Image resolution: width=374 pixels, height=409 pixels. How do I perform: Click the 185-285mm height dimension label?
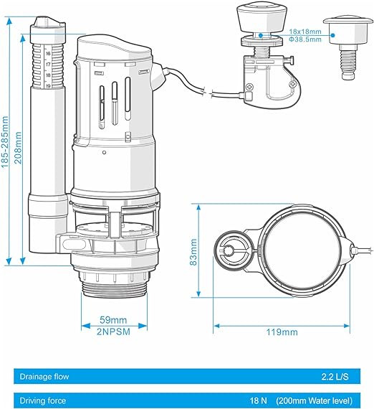point(5,142)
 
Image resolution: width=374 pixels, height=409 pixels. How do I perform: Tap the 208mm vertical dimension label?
point(18,147)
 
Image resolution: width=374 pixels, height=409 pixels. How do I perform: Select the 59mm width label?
point(113,320)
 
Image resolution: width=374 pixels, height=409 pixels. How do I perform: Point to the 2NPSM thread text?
point(113,332)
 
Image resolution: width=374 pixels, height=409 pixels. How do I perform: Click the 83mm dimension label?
point(193,252)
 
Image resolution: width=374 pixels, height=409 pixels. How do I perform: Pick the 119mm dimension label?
point(282,332)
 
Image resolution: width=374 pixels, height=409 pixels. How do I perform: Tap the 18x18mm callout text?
point(305,32)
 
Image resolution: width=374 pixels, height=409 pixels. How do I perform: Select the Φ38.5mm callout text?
point(305,39)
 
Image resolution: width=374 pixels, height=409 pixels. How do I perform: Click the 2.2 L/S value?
point(335,377)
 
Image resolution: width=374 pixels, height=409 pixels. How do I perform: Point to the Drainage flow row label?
point(44,377)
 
